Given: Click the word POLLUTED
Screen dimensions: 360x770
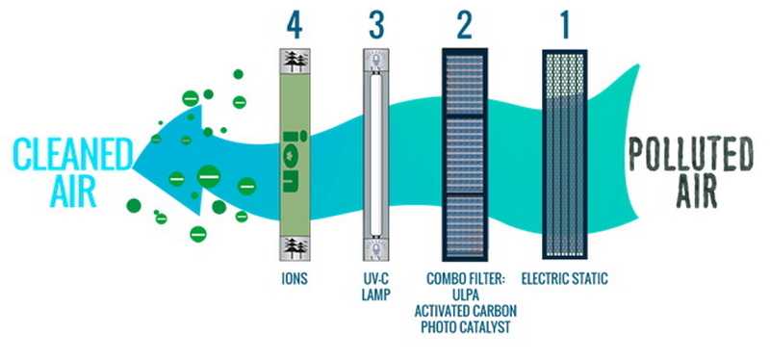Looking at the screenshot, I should (690, 154).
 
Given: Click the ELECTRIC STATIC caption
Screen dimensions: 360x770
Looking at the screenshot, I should (566, 280).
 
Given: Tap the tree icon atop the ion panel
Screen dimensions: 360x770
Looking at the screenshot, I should (292, 60).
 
